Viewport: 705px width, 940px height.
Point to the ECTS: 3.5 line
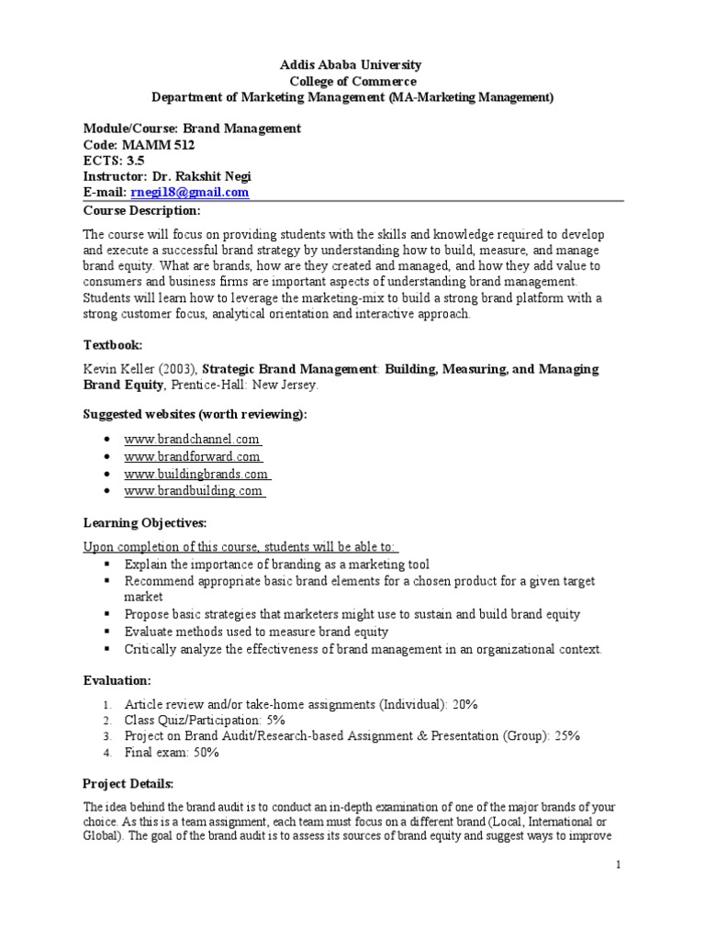pyautogui.click(x=107, y=161)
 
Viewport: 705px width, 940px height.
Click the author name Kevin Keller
pyautogui.click(x=121, y=369)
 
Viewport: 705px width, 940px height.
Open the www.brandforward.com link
pyautogui.click(x=194, y=457)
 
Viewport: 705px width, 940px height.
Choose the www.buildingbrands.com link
pyautogui.click(x=197, y=475)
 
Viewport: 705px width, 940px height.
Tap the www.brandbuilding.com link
pyautogui.click(x=195, y=491)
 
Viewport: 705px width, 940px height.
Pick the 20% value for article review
pyautogui.click(x=463, y=704)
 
